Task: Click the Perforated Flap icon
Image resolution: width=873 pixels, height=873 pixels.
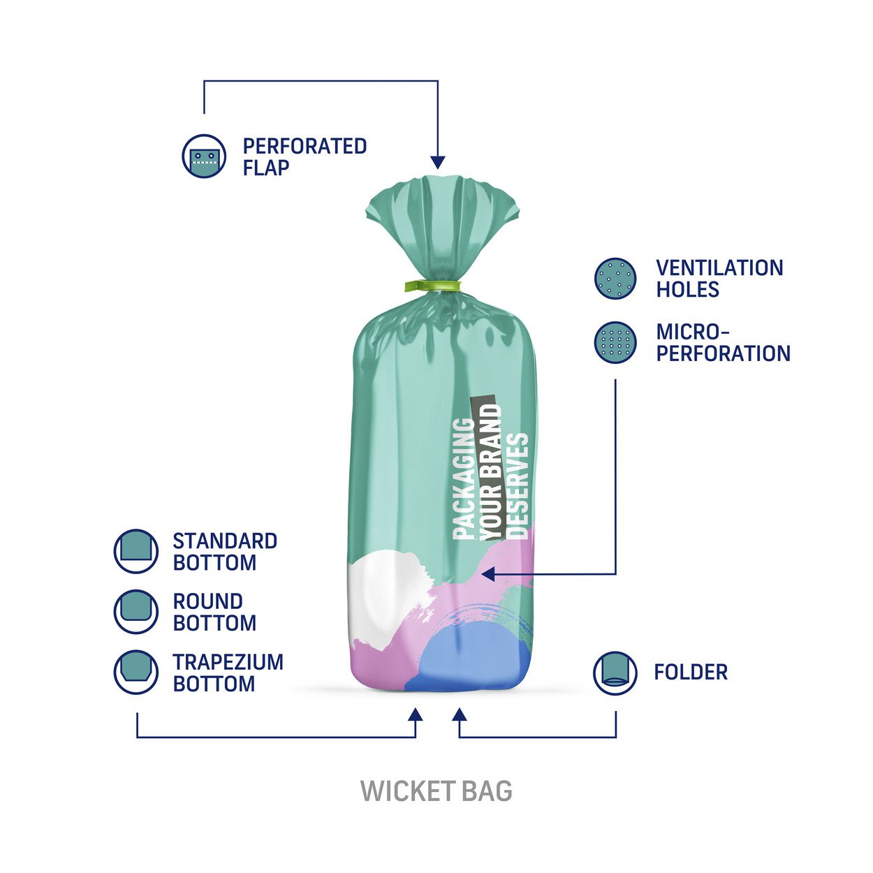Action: pos(204,156)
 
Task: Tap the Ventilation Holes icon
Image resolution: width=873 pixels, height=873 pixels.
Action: pos(615,278)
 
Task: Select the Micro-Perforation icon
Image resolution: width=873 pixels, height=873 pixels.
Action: pos(615,342)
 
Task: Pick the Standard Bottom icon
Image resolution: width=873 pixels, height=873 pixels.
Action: pos(135,551)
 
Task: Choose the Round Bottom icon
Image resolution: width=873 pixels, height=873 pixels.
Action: pos(135,611)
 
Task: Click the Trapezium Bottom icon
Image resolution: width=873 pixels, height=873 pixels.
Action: pos(135,673)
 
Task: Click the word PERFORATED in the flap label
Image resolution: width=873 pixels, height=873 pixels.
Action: pos(305,147)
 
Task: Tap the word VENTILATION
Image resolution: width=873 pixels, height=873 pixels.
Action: pos(719,267)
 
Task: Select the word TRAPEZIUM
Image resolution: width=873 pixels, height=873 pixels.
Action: pos(228,662)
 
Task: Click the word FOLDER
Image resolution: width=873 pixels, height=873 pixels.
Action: pos(691,672)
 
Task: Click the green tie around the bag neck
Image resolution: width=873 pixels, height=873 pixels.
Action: pos(432,286)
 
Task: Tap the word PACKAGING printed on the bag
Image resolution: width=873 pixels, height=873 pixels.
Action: pos(464,478)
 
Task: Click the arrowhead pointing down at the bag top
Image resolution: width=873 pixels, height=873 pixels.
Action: pos(438,162)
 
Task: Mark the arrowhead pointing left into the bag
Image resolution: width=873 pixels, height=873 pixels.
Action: pos(488,574)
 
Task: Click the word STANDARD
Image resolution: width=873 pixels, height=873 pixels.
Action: pos(225,541)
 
